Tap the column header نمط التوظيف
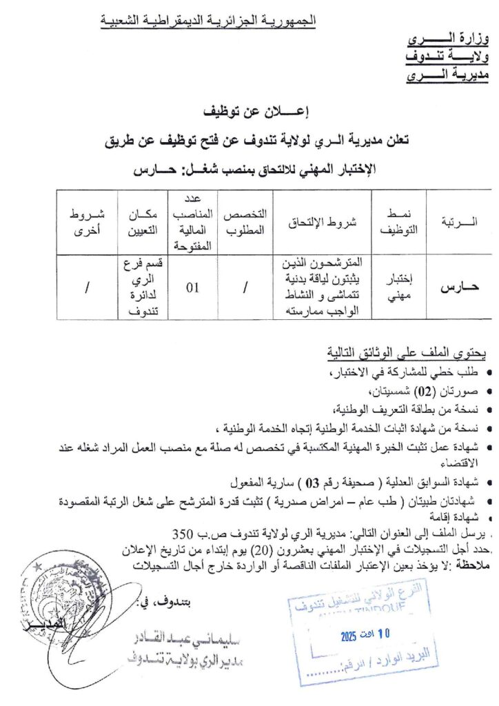click(397, 222)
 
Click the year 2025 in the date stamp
click(352, 638)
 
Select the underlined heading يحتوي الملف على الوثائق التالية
click(407, 356)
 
